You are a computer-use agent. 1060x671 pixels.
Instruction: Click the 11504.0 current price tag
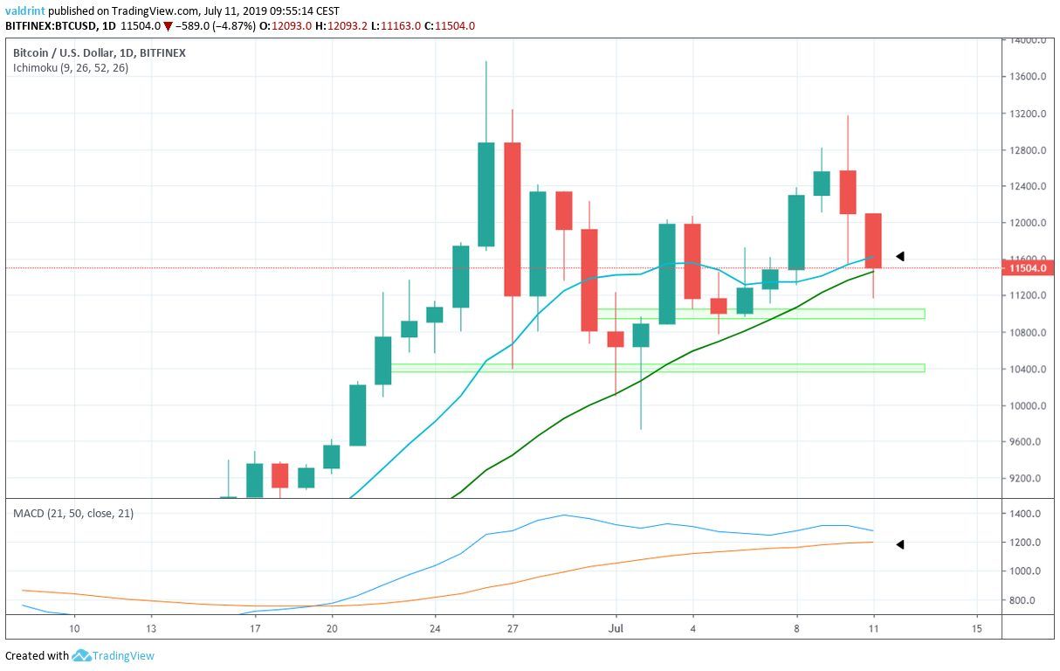click(x=1027, y=269)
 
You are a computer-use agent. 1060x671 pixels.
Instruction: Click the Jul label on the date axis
click(x=616, y=628)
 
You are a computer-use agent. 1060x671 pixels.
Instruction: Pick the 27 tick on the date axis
click(x=513, y=628)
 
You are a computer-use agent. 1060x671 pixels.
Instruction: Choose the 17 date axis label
click(x=254, y=628)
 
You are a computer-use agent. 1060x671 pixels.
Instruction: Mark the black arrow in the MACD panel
click(x=899, y=544)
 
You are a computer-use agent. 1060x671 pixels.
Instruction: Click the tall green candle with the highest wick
click(x=486, y=194)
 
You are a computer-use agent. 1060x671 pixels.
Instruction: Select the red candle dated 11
click(x=873, y=240)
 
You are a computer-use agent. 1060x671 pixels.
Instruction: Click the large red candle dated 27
click(x=513, y=218)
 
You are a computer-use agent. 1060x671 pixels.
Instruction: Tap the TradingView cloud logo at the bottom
click(x=82, y=655)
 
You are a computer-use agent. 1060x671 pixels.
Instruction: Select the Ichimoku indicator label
click(x=70, y=67)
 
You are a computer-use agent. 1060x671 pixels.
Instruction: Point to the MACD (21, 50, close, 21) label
click(x=73, y=513)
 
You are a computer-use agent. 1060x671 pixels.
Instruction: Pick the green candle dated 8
click(x=795, y=232)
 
